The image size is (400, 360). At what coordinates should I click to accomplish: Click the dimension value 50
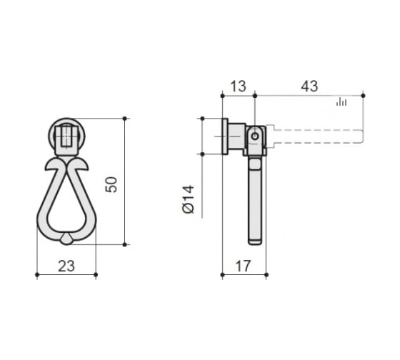(x=111, y=184)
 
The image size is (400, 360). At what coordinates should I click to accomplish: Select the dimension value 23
(x=66, y=266)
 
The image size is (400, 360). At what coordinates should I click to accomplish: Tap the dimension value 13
(x=238, y=86)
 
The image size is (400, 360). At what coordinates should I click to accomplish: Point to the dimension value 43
(x=309, y=86)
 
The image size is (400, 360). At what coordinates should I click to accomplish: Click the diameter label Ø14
(x=189, y=199)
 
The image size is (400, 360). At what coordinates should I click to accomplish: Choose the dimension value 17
(x=243, y=266)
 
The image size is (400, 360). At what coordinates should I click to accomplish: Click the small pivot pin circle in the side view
(x=255, y=136)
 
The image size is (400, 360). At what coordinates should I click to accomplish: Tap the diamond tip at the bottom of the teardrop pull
(x=66, y=239)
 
